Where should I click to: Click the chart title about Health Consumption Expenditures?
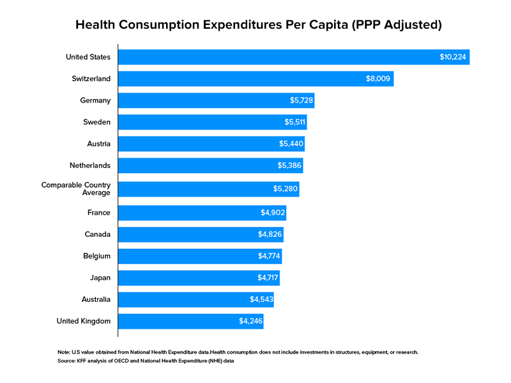point(255,26)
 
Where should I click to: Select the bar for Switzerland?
point(256,79)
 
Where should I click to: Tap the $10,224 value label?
point(454,57)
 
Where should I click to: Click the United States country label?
point(88,57)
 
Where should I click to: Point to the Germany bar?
point(216,100)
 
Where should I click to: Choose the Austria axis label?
point(98,144)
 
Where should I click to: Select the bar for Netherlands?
point(210,165)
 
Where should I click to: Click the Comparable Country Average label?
point(76,189)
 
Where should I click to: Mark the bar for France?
point(202,213)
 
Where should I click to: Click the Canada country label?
point(98,234)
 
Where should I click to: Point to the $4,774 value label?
point(267,256)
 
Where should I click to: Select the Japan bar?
point(199,278)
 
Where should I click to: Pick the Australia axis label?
point(93,299)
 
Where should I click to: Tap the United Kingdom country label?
point(84,321)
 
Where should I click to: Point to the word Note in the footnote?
point(64,352)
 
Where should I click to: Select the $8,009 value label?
point(378,79)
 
